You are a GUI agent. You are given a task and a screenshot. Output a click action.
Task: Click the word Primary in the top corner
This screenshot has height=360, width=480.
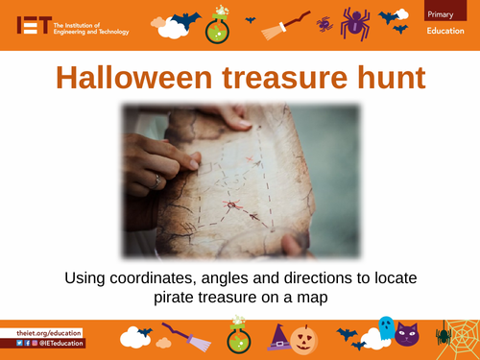coord(442,12)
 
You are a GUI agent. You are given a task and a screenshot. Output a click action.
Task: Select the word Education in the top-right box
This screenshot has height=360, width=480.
coord(446,34)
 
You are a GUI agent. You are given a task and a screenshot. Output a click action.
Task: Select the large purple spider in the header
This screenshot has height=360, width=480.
coord(352,22)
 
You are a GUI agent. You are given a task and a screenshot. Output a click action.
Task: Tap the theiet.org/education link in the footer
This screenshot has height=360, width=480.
coord(49,332)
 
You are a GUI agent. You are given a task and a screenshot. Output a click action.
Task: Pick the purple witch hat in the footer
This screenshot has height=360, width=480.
coord(280,338)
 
